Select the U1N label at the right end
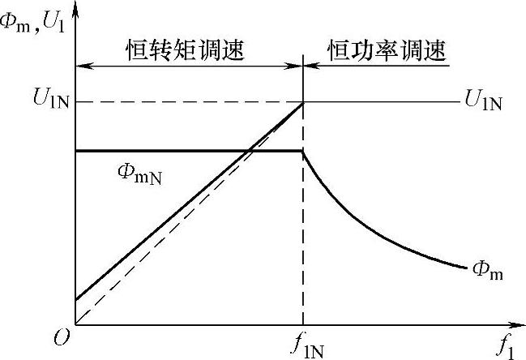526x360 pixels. tap(484, 102)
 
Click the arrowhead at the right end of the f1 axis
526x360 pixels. tap(519, 326)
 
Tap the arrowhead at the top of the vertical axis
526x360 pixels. tap(75, 6)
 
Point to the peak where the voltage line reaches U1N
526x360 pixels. tap(303, 102)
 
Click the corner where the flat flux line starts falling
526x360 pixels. tap(303, 151)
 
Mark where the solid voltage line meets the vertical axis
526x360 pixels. tap(75, 300)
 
